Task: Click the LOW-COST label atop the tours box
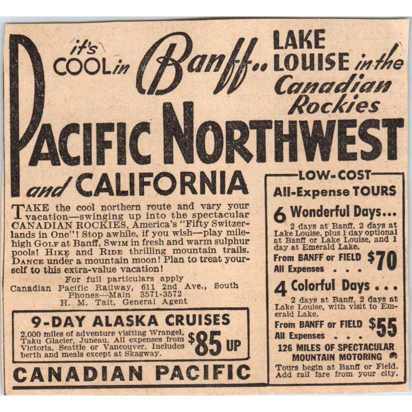(x=335, y=175)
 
